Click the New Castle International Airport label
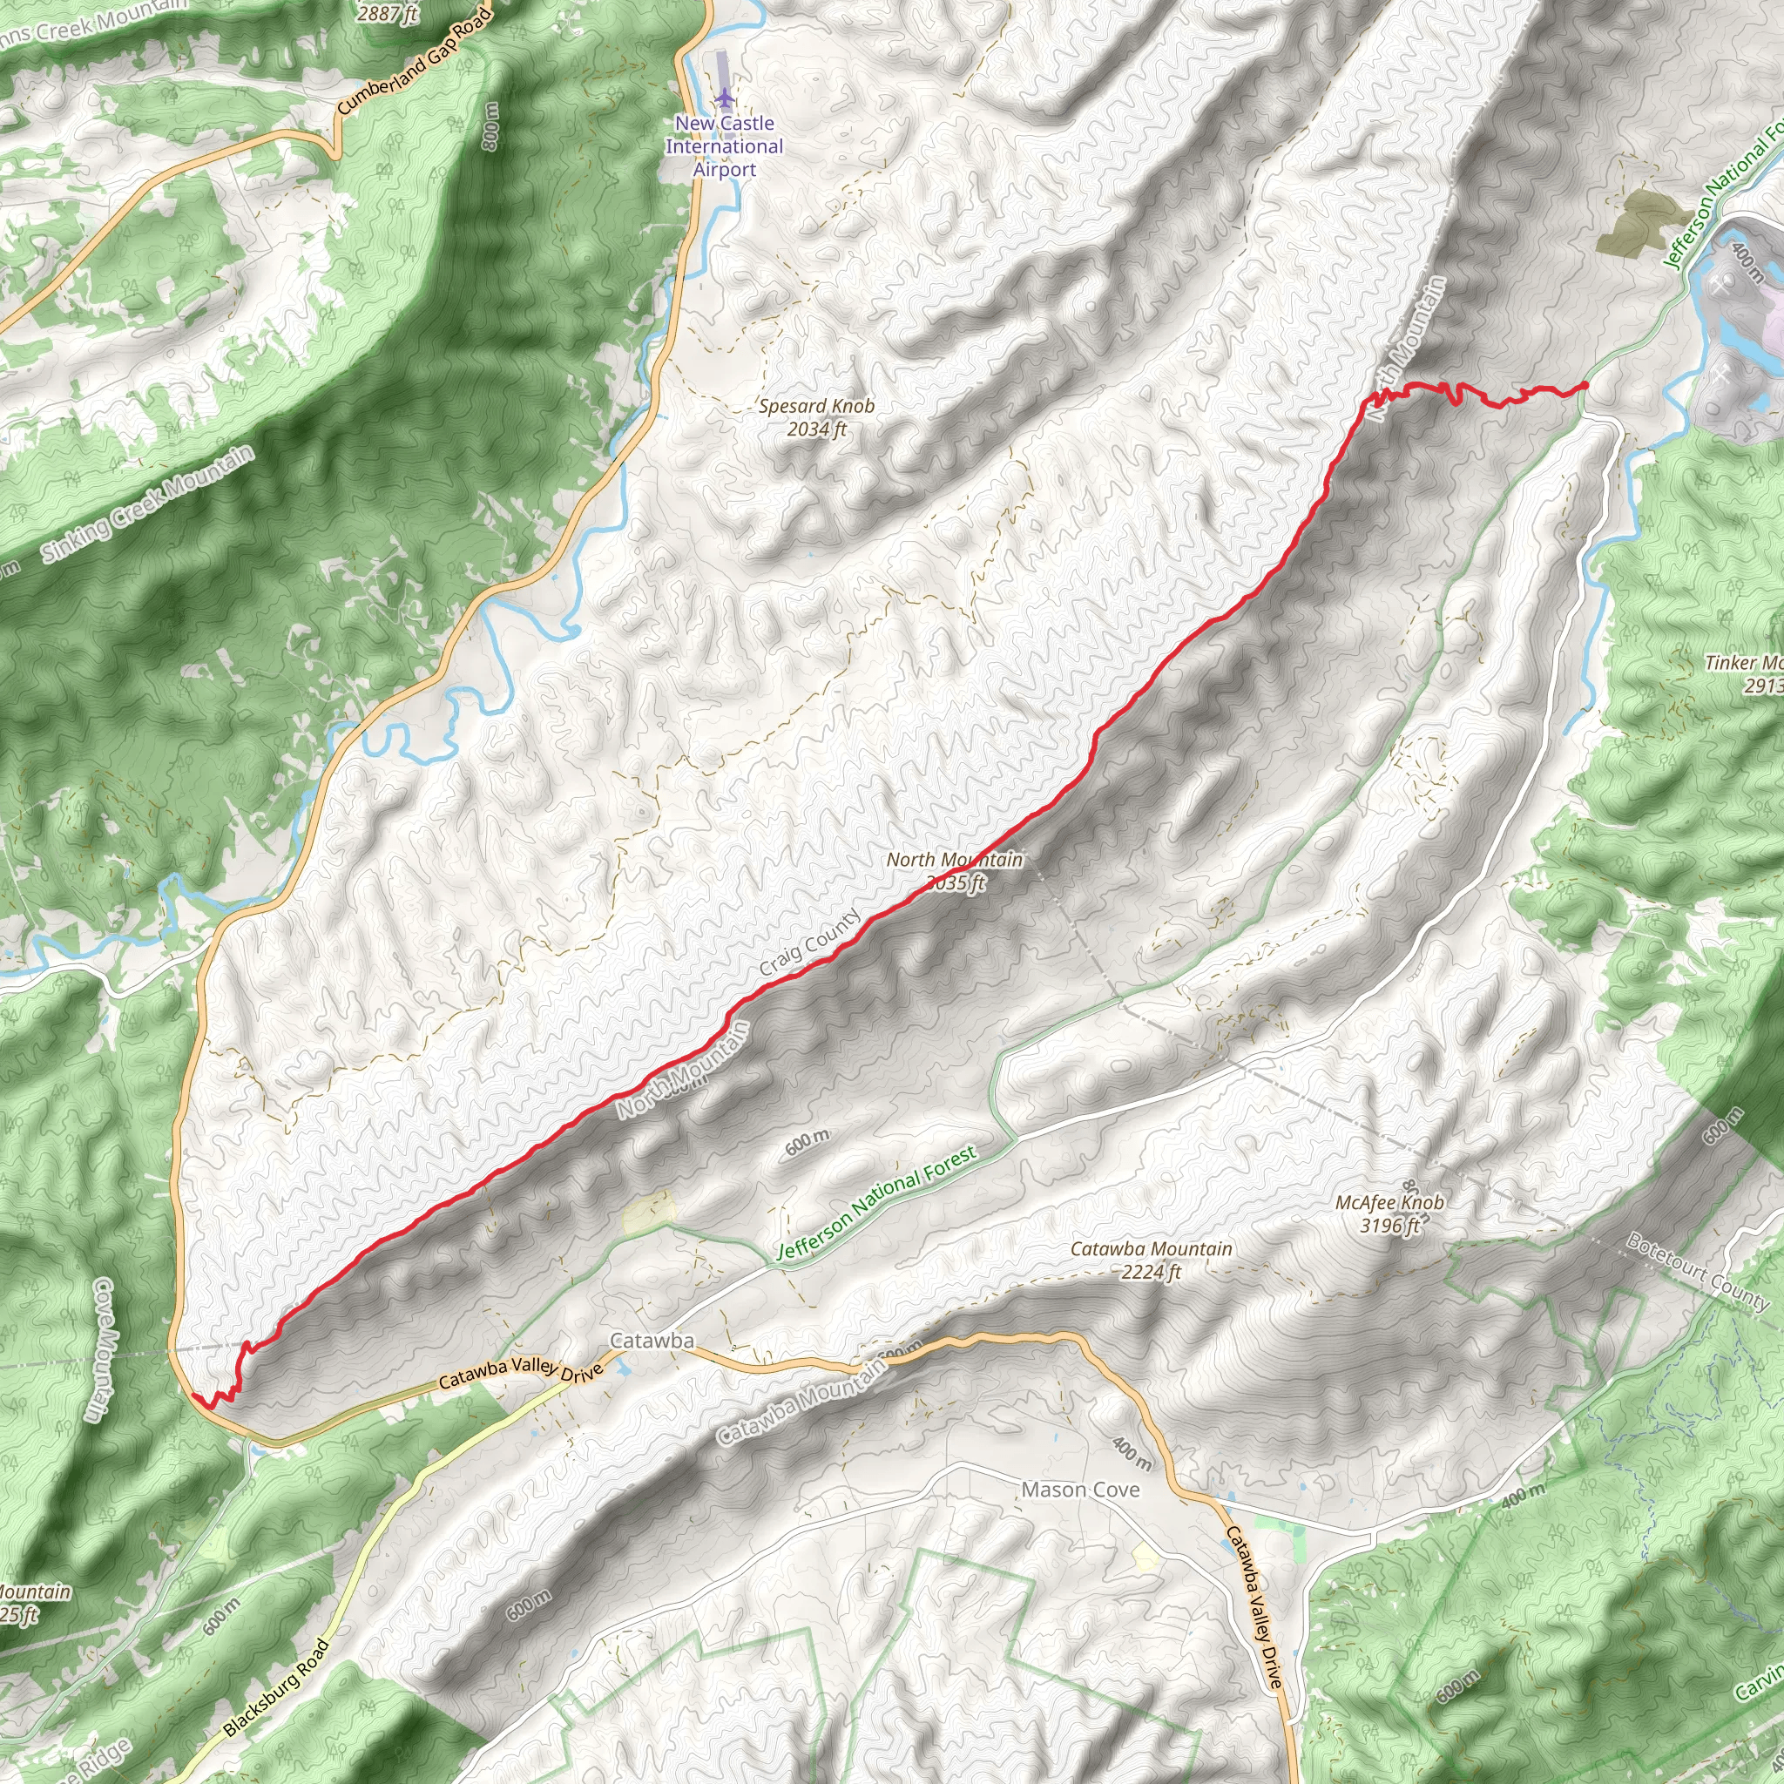point(724,145)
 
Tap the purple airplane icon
point(723,96)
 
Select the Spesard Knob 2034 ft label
point(816,417)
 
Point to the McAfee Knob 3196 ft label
point(1389,1213)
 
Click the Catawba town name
point(652,1341)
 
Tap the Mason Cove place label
point(1079,1490)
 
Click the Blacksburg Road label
point(276,1689)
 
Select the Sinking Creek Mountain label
point(148,504)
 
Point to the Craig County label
point(810,942)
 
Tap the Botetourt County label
point(1697,1272)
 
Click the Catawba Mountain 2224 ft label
point(1151,1260)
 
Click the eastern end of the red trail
point(1585,384)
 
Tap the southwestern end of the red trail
point(194,1396)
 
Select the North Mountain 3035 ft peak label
point(955,871)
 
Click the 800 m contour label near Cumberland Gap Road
point(490,126)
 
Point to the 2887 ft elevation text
point(388,13)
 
